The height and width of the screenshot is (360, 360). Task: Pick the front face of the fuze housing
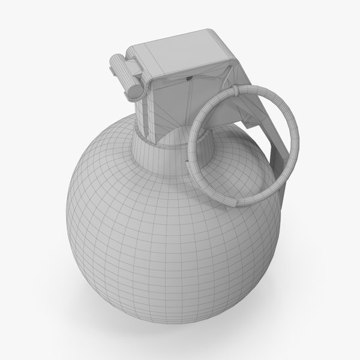[x=180, y=105]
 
